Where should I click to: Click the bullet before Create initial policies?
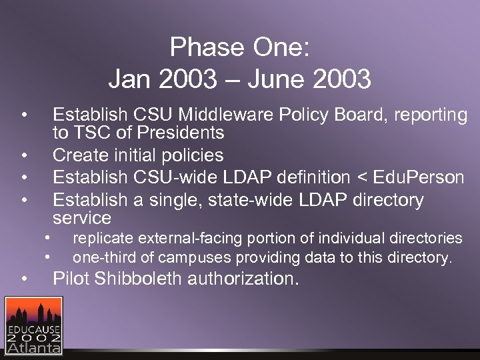pos(23,156)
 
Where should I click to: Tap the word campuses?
pos(182,257)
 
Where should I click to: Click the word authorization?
pos(243,279)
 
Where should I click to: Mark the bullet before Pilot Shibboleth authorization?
pos(23,279)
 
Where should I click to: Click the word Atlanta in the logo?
pos(34,347)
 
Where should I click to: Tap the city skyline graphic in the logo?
pos(34,312)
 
